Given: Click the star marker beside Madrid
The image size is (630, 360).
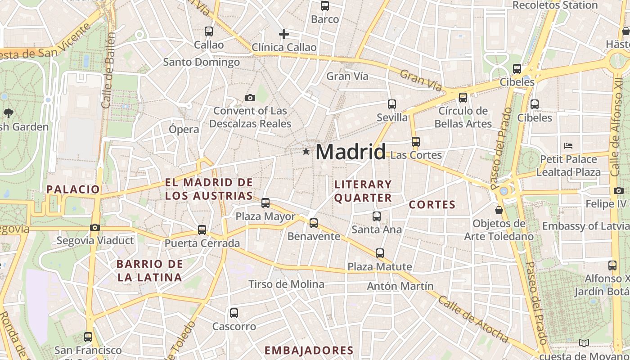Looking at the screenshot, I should (306, 152).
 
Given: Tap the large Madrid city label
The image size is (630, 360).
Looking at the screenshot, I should (351, 152).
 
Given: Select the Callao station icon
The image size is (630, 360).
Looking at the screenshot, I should (208, 31).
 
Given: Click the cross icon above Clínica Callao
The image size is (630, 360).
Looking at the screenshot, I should (284, 34).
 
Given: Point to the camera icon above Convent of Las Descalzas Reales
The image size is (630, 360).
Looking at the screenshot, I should (250, 98).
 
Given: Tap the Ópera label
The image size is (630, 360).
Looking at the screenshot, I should (184, 130).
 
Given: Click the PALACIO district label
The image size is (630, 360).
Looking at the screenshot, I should (73, 189).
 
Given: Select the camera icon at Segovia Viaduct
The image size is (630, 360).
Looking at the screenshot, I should (94, 227).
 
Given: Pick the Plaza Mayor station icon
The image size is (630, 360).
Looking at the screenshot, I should (265, 203).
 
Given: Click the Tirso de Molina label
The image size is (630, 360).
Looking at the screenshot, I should (286, 284).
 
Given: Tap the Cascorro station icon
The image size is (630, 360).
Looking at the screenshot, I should (234, 313).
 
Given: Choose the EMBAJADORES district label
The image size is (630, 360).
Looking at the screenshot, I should (309, 351).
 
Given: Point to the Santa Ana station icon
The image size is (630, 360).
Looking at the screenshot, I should (377, 216).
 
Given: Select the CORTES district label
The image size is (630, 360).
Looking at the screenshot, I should (432, 205).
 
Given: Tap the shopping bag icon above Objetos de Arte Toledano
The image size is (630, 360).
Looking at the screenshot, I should (499, 210).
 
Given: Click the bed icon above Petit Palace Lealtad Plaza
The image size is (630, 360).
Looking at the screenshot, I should (568, 146).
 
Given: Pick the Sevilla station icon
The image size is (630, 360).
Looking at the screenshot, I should (392, 104).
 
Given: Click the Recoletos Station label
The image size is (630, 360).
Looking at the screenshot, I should (555, 5).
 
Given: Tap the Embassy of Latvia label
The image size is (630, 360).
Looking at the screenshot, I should (585, 226).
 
